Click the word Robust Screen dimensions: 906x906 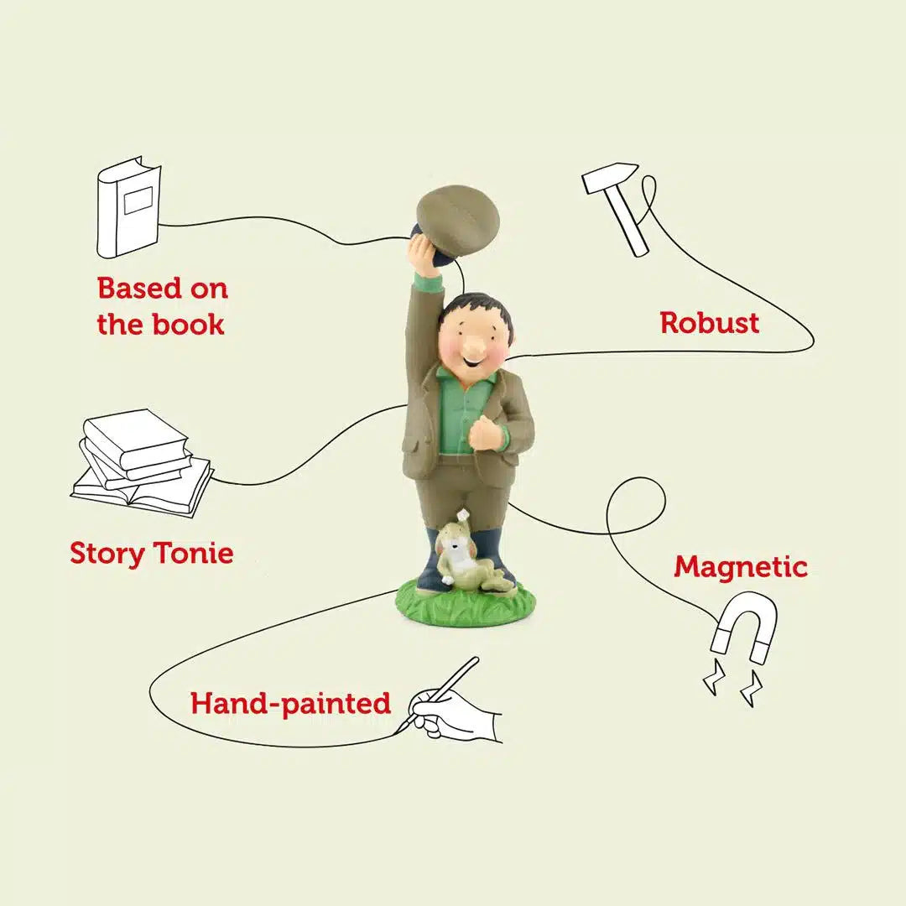click(x=710, y=322)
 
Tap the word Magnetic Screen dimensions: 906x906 click(x=741, y=567)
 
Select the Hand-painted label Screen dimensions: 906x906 click(x=290, y=704)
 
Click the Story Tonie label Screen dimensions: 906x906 click(x=152, y=553)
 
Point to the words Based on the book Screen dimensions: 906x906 click(x=163, y=305)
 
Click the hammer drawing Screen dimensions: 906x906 click(x=613, y=206)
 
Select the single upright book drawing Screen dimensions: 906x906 click(x=128, y=206)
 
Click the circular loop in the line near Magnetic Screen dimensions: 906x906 click(x=636, y=506)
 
